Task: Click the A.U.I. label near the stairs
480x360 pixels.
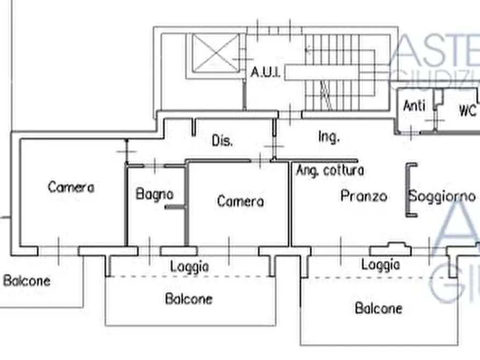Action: (x=266, y=72)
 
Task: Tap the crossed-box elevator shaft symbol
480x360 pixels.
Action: (x=216, y=53)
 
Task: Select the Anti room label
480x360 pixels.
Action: (x=414, y=106)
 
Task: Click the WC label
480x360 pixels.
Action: (x=467, y=111)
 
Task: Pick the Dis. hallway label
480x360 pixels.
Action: (x=222, y=141)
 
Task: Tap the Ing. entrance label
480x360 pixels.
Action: (x=328, y=137)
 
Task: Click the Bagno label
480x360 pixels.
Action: (x=155, y=194)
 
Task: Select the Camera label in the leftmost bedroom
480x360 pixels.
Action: (x=71, y=187)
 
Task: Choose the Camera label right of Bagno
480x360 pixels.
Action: (x=240, y=201)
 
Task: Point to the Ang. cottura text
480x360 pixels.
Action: (x=330, y=170)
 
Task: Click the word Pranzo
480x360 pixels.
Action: (x=364, y=196)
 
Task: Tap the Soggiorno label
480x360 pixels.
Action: (x=442, y=196)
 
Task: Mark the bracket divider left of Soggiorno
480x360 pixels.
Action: (x=410, y=190)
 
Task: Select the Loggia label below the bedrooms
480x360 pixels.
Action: (x=189, y=266)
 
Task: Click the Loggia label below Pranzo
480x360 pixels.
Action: (x=381, y=264)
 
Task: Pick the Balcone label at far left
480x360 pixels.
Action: (x=27, y=280)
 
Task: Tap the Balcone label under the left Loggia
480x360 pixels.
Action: (x=189, y=299)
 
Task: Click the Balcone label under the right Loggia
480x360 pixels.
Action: (x=378, y=308)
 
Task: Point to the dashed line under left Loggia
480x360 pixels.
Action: (x=188, y=277)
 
